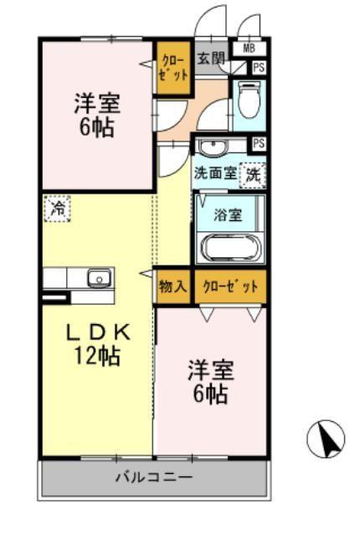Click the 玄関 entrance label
[x=212, y=59]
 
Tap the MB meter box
[x=249, y=48]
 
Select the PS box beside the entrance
[x=259, y=68]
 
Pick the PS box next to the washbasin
[x=259, y=143]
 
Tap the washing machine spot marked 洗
[x=253, y=175]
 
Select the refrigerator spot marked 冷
[x=57, y=208]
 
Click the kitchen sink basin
[x=100, y=278]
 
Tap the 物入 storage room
[x=172, y=286]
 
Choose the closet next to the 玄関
[x=173, y=68]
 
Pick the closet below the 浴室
[x=230, y=286]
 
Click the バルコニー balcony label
[x=154, y=476]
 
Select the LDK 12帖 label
[x=98, y=345]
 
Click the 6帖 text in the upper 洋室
[x=97, y=127]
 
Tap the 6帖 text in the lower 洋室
[x=210, y=394]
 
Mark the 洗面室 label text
[x=215, y=173]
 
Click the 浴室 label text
[x=228, y=215]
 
